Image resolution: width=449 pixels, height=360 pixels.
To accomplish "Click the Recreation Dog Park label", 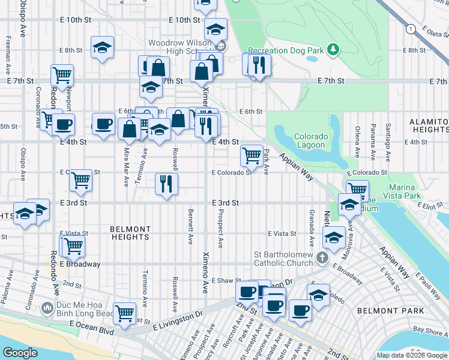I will (x=286, y=50).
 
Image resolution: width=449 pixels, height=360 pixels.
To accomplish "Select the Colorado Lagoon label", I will (x=311, y=140).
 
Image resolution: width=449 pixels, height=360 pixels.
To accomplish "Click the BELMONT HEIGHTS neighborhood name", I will (x=130, y=233).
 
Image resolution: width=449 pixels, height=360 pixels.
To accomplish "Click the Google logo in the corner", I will (x=20, y=352).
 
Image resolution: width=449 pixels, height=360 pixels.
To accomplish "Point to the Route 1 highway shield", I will (x=410, y=29).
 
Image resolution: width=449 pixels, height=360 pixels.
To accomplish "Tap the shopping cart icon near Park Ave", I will (x=251, y=155).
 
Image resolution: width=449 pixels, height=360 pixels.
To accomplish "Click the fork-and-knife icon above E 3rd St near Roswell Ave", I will (x=166, y=184).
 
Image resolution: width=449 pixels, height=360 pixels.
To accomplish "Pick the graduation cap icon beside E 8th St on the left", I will (x=102, y=47).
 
